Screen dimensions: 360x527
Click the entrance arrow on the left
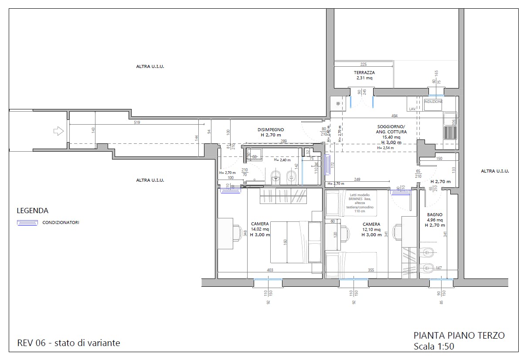tap(58, 131)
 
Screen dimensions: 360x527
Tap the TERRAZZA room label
tap(364, 73)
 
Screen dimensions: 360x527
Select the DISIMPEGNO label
tap(271, 129)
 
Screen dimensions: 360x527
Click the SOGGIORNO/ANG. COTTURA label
tap(392, 129)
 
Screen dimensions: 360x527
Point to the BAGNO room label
tap(435, 215)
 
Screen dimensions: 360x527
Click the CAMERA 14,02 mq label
tap(260, 224)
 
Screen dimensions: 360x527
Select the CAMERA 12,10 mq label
tap(371, 224)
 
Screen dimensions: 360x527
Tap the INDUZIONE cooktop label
tap(433, 102)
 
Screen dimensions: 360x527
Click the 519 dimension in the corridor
tap(137, 123)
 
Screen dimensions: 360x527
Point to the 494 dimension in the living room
tap(394, 116)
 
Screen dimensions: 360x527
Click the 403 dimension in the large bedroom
tap(270, 270)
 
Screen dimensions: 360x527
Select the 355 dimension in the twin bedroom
tap(371, 270)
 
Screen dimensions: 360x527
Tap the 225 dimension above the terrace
tap(364, 65)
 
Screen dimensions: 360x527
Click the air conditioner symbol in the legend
tap(27, 223)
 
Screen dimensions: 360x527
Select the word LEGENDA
tap(33, 211)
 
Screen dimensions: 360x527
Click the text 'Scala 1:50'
tap(434, 346)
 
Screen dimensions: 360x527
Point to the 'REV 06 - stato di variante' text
tap(68, 343)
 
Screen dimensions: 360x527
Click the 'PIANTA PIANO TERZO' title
tap(459, 335)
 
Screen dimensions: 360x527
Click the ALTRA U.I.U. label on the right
tap(495, 171)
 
